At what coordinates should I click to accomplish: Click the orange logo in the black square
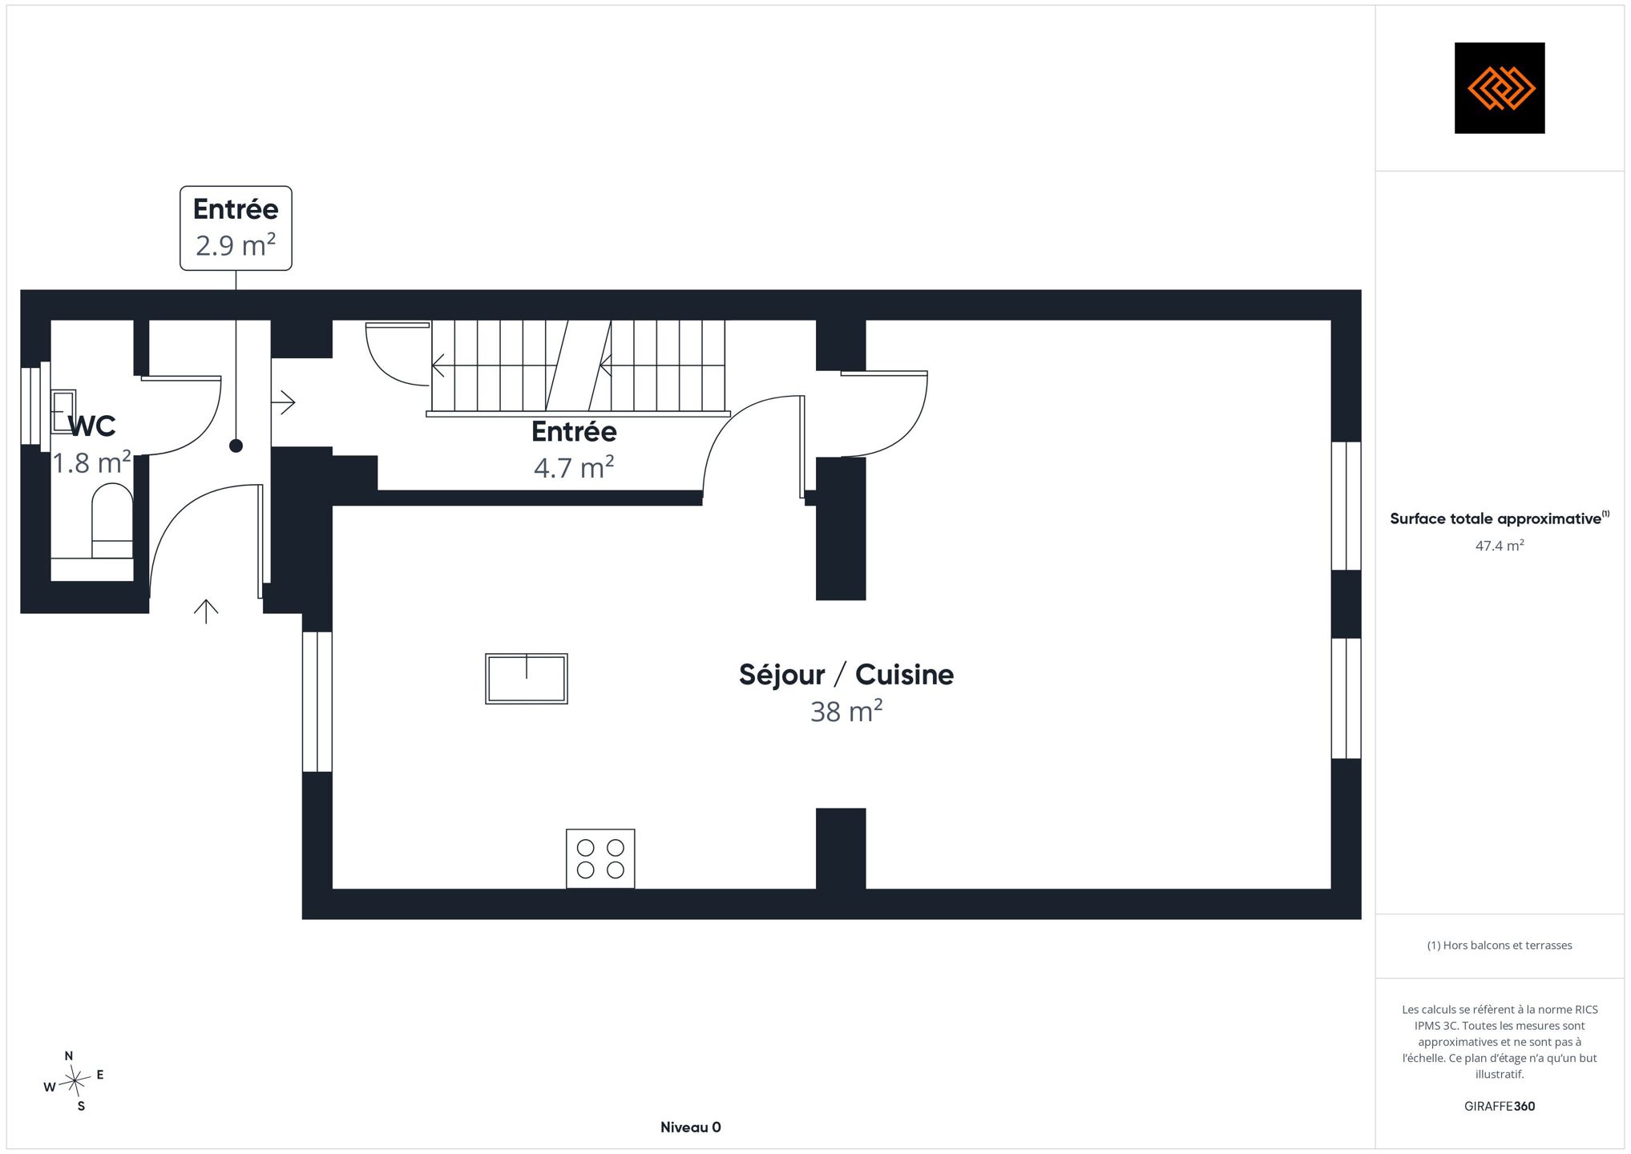click(x=1500, y=87)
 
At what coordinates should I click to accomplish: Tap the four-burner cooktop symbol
click(x=600, y=858)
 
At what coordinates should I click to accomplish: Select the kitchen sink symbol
click(x=527, y=679)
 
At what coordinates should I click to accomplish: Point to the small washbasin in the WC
click(x=63, y=411)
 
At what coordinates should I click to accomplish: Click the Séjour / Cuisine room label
click(x=846, y=675)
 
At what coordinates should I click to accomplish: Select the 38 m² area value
click(x=846, y=711)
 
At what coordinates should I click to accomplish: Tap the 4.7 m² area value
click(x=574, y=466)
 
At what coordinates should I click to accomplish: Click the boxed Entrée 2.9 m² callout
click(x=236, y=228)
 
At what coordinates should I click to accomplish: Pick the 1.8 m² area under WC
click(x=91, y=462)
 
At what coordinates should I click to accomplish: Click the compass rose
click(x=75, y=1082)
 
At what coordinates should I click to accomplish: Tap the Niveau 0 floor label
click(x=691, y=1128)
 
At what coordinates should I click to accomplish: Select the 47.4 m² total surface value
click(x=1500, y=546)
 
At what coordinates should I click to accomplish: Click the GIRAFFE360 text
click(x=1500, y=1107)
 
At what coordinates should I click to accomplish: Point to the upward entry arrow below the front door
click(x=206, y=611)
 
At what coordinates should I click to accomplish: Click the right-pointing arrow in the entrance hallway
click(x=284, y=401)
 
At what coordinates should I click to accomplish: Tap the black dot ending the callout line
click(x=236, y=446)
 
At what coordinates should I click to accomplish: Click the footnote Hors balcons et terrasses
click(x=1500, y=946)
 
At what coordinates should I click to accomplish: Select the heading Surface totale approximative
click(x=1496, y=518)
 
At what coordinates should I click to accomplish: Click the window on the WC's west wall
click(x=30, y=405)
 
